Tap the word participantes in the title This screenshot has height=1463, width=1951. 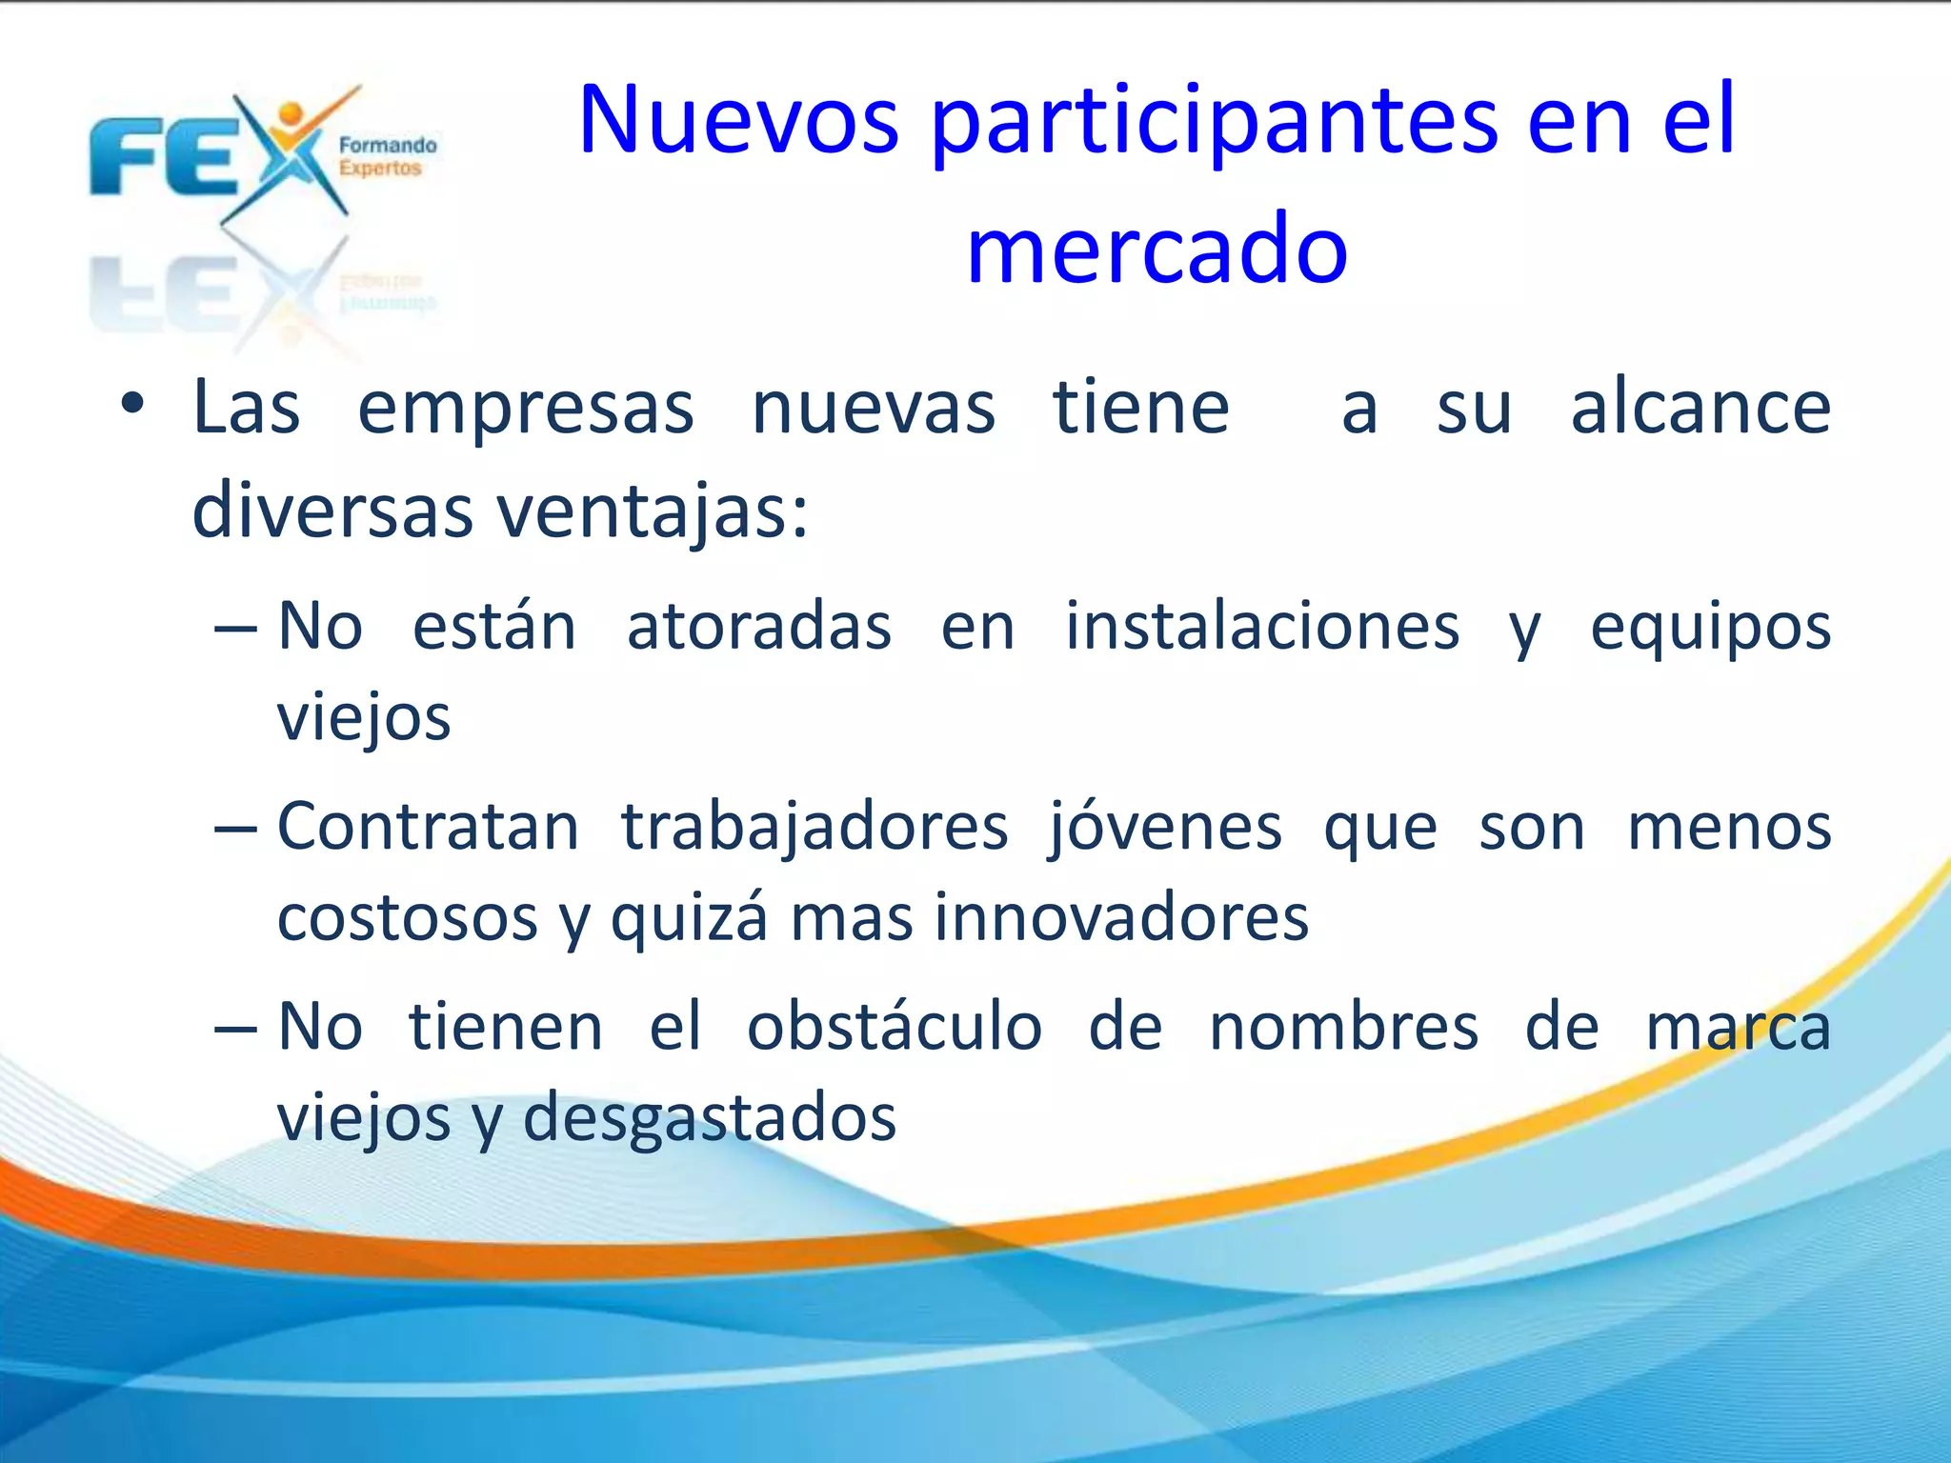pyautogui.click(x=1213, y=124)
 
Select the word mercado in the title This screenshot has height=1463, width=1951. pyautogui.click(x=1157, y=250)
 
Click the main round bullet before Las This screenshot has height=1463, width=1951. pyautogui.click(x=132, y=405)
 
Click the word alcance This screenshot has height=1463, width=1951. pyautogui.click(x=1700, y=408)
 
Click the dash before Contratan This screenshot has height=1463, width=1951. pyautogui.click(x=235, y=829)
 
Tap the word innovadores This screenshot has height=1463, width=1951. pyautogui.click(x=1121, y=918)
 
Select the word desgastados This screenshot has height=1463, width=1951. pyautogui.click(x=710, y=1118)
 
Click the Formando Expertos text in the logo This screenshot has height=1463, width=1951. pyautogui.click(x=387, y=156)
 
